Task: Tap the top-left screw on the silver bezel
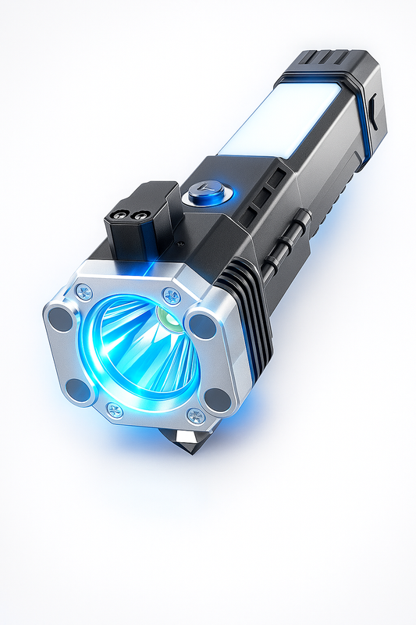[x=84, y=292]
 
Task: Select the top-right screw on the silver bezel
[x=172, y=295]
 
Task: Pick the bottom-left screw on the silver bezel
[x=114, y=410]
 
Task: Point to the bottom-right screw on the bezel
[x=196, y=416]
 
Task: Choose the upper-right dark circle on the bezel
[x=202, y=325]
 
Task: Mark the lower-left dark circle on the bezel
[x=79, y=389]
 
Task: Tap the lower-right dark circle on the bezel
[x=218, y=398]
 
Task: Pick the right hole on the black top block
[x=140, y=216]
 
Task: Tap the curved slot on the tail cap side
[x=372, y=114]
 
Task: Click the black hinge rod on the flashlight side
[x=289, y=242]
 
